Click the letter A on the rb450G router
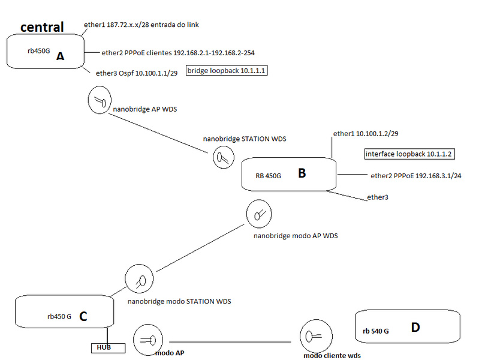coord(60,56)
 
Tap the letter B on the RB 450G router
coord(302,173)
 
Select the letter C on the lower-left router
coord(83,316)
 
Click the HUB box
coord(109,347)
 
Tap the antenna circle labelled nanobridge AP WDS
coord(100,100)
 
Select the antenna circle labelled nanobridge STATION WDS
coord(222,158)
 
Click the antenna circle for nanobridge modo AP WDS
coord(259,213)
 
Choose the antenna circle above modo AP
coord(146,340)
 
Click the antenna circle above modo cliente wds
coord(312,337)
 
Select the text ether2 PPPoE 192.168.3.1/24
coord(415,176)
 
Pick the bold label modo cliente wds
coord(332,356)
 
